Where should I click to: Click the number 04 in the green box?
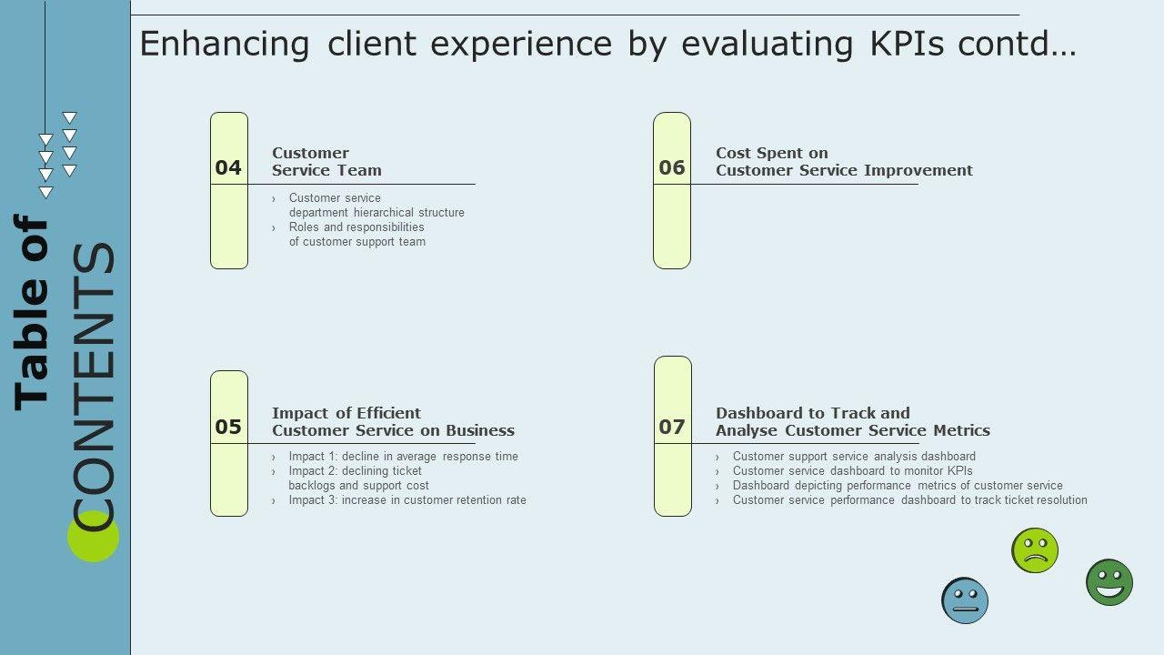[228, 167]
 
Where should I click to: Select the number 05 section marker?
[228, 427]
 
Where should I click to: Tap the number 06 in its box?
[672, 167]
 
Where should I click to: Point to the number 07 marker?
[672, 427]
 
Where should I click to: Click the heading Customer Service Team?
[326, 162]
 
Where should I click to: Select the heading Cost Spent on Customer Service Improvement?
[844, 162]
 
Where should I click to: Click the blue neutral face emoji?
[965, 600]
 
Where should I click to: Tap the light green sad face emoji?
[1035, 550]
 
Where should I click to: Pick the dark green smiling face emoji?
[1109, 582]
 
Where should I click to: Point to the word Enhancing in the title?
[225, 45]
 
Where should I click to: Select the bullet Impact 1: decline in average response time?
[403, 457]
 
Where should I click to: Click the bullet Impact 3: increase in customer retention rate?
[407, 500]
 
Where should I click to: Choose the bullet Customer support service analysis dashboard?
[854, 457]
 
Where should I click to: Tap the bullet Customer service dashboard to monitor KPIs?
[852, 471]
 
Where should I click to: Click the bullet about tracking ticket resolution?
[909, 500]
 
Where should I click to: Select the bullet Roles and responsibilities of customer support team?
[356, 235]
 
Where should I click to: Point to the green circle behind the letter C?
[93, 537]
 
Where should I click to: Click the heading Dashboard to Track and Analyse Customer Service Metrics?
[852, 422]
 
